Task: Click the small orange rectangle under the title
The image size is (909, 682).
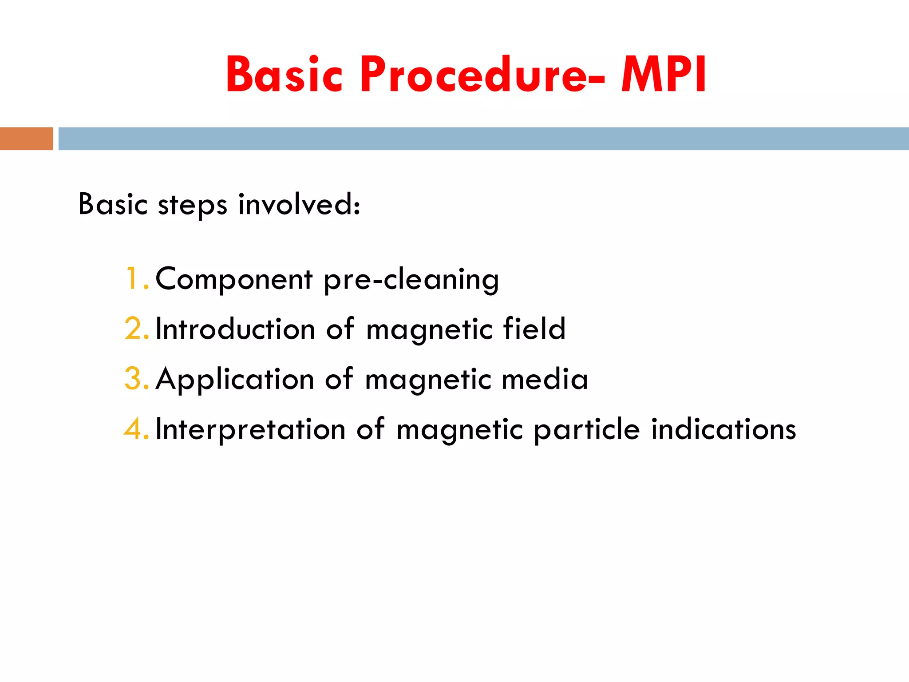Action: (x=26, y=139)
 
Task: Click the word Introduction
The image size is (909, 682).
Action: (x=235, y=329)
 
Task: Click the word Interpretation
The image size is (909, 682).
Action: (x=250, y=430)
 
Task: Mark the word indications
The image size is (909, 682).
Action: (x=723, y=429)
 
